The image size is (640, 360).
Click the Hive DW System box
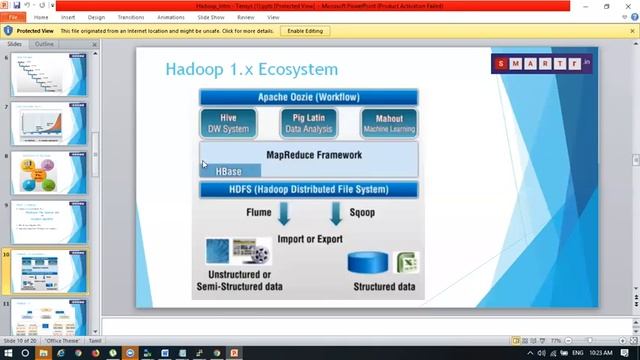click(x=228, y=123)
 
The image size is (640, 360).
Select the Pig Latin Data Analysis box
click(x=307, y=123)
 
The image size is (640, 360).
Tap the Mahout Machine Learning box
click(x=389, y=123)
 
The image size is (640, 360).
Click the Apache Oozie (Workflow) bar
click(x=308, y=97)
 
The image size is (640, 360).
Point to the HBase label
click(x=228, y=171)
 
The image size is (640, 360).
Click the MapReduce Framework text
click(x=314, y=155)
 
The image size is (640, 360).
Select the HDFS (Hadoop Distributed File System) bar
click(x=308, y=189)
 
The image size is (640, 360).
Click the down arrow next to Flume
click(x=284, y=213)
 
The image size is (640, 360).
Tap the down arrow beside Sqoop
click(x=335, y=213)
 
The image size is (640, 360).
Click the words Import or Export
click(x=310, y=239)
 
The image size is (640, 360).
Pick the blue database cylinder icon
click(x=367, y=262)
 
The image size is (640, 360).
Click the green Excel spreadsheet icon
click(x=406, y=263)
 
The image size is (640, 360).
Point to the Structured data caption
click(x=385, y=287)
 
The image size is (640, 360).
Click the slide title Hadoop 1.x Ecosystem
click(x=251, y=69)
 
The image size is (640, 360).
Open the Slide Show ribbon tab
click(x=211, y=17)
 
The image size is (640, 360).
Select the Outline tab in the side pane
click(x=44, y=44)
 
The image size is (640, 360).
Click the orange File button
click(x=14, y=17)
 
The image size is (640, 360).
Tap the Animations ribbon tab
click(x=171, y=17)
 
